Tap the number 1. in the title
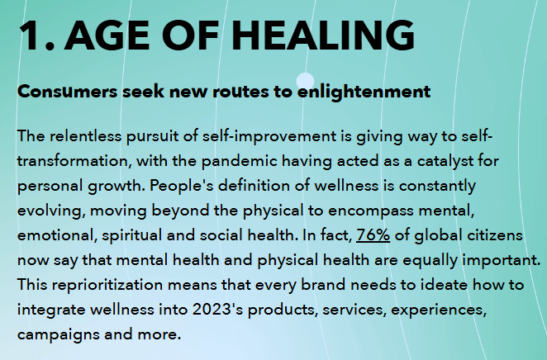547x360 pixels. click(x=36, y=36)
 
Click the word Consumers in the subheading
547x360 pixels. click(x=67, y=92)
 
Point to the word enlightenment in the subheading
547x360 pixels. click(x=364, y=92)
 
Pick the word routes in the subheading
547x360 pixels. click(x=240, y=92)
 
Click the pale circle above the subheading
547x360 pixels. click(x=305, y=81)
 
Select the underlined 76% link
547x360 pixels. click(x=373, y=235)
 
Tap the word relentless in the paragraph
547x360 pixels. click(x=85, y=136)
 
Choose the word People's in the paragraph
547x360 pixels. click(x=182, y=186)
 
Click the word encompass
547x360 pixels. click(x=371, y=211)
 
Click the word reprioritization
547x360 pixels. click(x=107, y=286)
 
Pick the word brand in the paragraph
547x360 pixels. click(x=323, y=285)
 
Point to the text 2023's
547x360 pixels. click(x=217, y=310)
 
